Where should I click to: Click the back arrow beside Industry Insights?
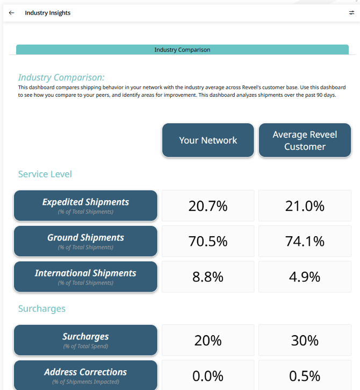(x=12, y=13)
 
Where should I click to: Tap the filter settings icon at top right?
(x=351, y=13)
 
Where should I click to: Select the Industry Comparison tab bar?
(x=182, y=49)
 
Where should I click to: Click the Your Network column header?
(x=208, y=140)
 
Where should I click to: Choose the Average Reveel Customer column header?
(x=305, y=140)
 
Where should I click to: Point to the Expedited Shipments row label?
(x=85, y=205)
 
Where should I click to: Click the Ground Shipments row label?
(x=85, y=241)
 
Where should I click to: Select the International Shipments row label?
(x=85, y=276)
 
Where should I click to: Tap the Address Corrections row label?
(x=85, y=375)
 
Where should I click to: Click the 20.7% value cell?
(x=208, y=205)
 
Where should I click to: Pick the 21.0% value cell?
(x=305, y=205)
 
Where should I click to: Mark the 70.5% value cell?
(x=208, y=241)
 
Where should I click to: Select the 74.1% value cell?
(x=305, y=241)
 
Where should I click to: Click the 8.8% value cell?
(x=208, y=276)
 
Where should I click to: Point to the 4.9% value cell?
(x=305, y=276)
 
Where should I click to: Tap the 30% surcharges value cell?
(x=305, y=340)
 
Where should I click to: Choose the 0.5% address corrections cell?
(x=305, y=375)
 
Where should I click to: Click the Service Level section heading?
(x=45, y=174)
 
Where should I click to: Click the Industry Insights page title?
(x=48, y=13)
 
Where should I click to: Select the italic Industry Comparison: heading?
(x=61, y=77)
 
